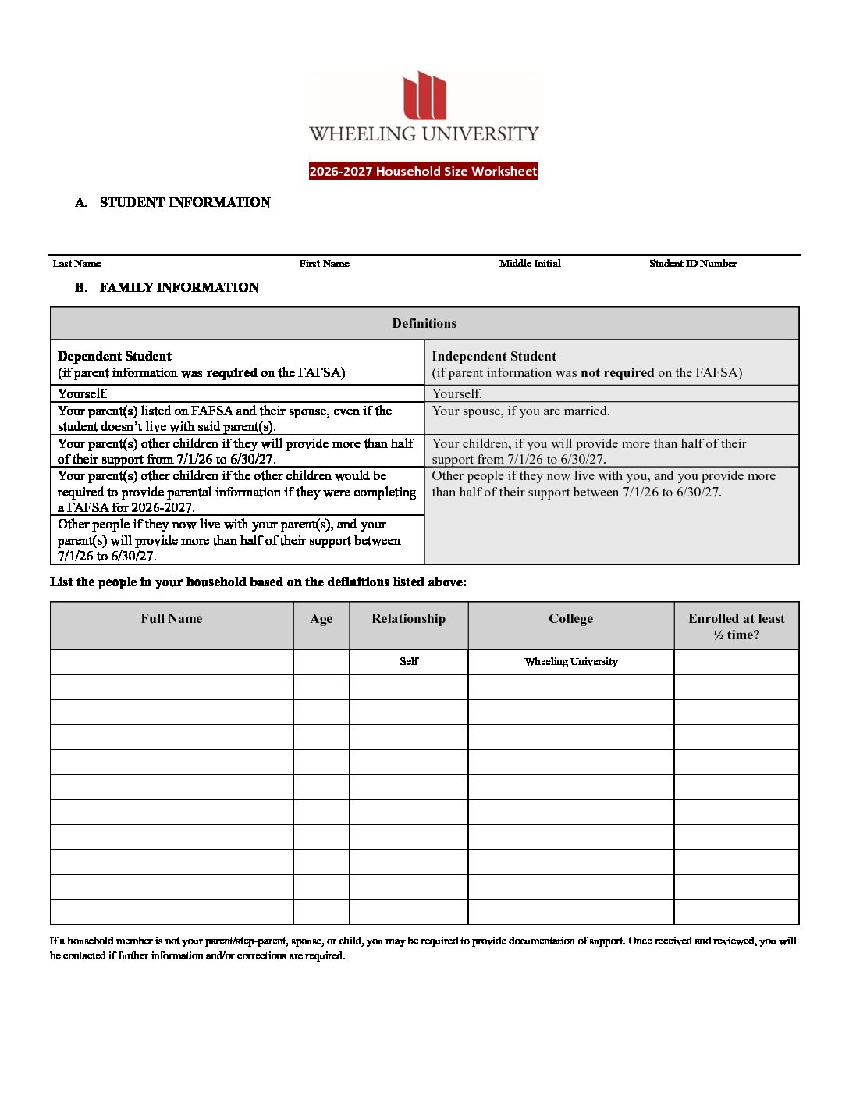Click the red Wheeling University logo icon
[x=424, y=96]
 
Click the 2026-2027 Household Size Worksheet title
[x=424, y=171]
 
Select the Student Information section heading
[x=184, y=203]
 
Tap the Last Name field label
[x=76, y=264]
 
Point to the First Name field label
[x=324, y=264]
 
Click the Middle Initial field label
[x=530, y=264]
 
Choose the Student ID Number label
[x=692, y=264]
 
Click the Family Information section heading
[x=179, y=287]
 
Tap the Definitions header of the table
[x=424, y=323]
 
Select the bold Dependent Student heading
[x=115, y=356]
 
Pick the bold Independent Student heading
[x=493, y=356]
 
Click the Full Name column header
[x=171, y=618]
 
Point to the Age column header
[x=321, y=618]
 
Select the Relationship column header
[x=408, y=618]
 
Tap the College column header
[x=570, y=618]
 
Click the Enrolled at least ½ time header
[x=736, y=626]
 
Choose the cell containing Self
[x=409, y=661]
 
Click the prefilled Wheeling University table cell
[x=570, y=661]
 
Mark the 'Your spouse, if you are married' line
[x=520, y=411]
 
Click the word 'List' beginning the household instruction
[x=62, y=582]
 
